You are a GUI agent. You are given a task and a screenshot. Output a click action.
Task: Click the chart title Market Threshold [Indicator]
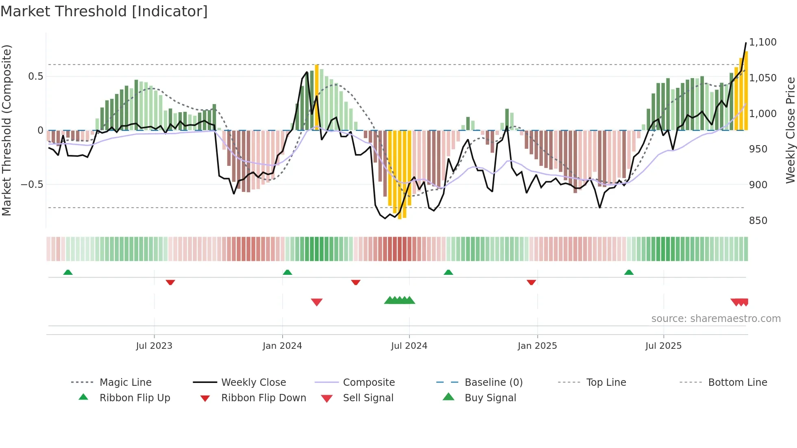click(x=104, y=11)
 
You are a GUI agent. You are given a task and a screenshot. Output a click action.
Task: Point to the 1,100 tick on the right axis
click(x=762, y=42)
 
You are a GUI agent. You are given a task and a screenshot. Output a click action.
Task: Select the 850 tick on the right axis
click(x=758, y=220)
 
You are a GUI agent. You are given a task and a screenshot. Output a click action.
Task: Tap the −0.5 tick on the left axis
click(x=32, y=184)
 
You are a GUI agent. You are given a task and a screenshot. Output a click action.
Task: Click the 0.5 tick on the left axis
click(x=35, y=76)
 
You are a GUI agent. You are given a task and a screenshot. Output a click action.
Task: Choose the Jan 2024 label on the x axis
click(x=282, y=346)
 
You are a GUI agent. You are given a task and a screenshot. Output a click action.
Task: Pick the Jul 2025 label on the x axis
click(x=663, y=346)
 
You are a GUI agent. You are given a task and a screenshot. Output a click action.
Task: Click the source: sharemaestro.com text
click(x=716, y=319)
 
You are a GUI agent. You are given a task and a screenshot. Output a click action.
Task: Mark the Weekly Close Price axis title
click(x=790, y=130)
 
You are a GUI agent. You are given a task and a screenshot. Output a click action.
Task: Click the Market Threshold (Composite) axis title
click(x=7, y=130)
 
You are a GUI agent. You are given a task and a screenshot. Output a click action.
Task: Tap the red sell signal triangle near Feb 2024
click(x=316, y=302)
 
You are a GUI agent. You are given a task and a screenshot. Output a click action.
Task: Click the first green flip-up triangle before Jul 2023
click(x=68, y=272)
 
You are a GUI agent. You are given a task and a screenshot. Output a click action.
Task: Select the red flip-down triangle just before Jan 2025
click(x=531, y=282)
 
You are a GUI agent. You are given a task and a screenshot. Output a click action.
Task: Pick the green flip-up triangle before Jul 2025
click(x=629, y=272)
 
